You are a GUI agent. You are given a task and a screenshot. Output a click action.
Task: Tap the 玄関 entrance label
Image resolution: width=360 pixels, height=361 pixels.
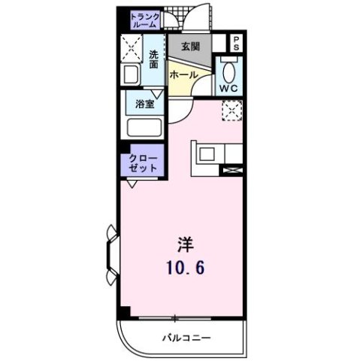coord(190,46)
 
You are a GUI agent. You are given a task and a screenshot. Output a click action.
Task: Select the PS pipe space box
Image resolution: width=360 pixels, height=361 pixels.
coord(236,43)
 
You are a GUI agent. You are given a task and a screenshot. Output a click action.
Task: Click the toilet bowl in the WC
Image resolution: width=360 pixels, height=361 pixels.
coord(228,73)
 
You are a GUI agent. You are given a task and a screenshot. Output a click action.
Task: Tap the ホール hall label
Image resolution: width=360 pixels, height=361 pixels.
coord(183,76)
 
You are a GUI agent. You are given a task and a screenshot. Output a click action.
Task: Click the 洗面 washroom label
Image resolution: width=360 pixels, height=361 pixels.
coord(153,59)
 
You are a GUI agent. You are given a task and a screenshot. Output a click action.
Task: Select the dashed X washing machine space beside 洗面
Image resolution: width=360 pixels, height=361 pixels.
coord(132,50)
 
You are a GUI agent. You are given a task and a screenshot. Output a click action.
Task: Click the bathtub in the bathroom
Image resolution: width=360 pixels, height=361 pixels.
coord(143,126)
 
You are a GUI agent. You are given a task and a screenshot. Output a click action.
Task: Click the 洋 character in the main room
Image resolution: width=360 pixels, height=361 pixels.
coord(185,244)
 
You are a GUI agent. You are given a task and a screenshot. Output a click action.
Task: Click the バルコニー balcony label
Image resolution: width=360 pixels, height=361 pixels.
coord(186,338)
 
